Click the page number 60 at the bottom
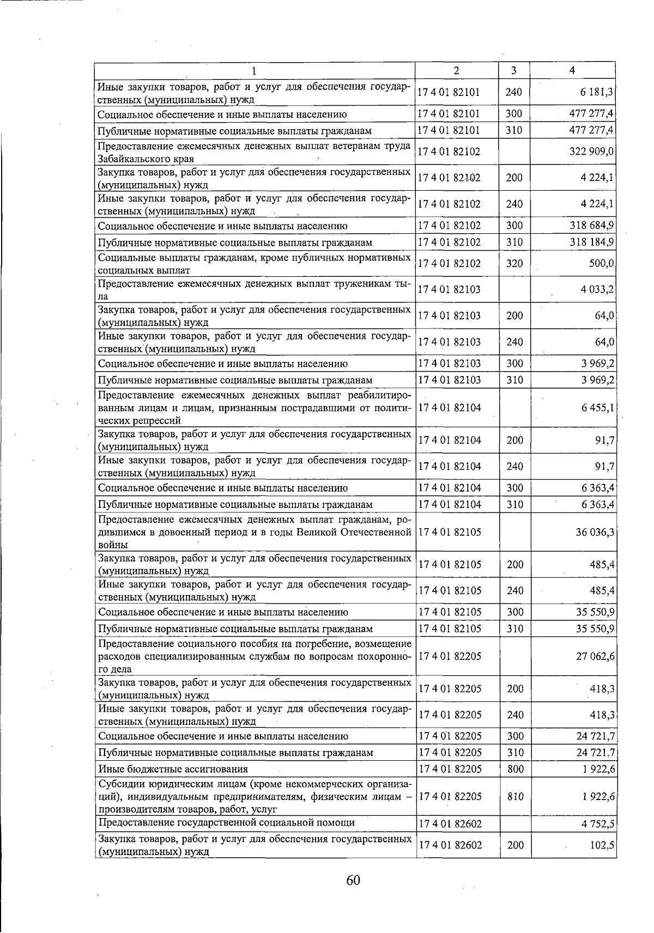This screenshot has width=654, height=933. [x=353, y=881]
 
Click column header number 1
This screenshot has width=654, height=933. [x=254, y=71]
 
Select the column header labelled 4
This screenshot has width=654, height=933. [x=572, y=70]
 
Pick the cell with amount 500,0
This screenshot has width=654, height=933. [x=602, y=264]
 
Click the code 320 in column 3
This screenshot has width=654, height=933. [x=514, y=264]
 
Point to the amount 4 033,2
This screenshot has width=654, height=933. [x=597, y=290]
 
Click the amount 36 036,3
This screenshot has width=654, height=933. [x=595, y=532]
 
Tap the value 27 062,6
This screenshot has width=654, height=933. [x=595, y=656]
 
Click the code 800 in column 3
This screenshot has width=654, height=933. [x=514, y=769]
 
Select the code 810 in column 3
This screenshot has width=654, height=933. [x=514, y=796]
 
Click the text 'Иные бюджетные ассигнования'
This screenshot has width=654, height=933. [x=173, y=769]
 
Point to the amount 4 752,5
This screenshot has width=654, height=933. [x=597, y=823]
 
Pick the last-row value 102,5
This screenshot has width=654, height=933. [x=602, y=845]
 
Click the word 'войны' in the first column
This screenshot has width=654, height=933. [x=113, y=544]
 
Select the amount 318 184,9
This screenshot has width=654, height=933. [x=592, y=242]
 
